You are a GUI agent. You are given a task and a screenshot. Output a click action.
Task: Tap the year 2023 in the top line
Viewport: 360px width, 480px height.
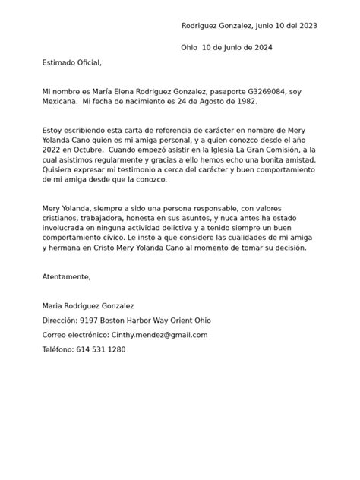(305, 25)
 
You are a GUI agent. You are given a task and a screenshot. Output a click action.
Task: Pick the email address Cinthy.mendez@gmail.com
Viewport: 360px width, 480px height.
(159, 334)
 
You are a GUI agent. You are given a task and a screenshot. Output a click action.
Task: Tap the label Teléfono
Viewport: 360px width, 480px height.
(59, 349)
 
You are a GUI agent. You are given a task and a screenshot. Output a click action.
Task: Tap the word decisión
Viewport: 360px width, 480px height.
(287, 248)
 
